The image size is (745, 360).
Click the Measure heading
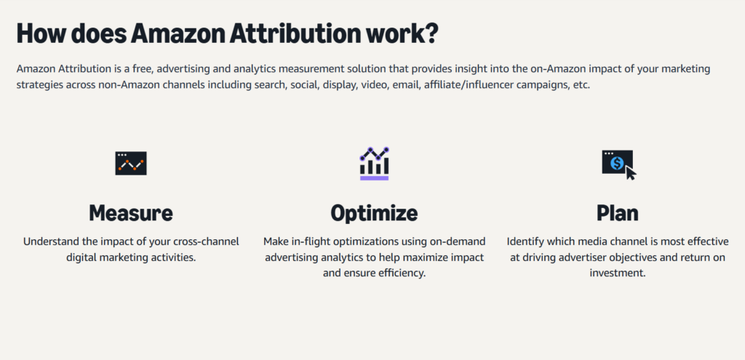click(131, 213)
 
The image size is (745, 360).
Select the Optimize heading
click(374, 214)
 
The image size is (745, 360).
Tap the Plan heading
click(617, 213)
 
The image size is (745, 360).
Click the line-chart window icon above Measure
click(131, 164)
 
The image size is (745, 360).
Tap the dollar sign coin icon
click(617, 163)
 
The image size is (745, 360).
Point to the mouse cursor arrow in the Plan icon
click(631, 173)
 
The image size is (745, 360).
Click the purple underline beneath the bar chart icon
click(375, 178)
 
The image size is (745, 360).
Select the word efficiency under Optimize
click(404, 273)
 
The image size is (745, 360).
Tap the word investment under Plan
click(617, 273)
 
